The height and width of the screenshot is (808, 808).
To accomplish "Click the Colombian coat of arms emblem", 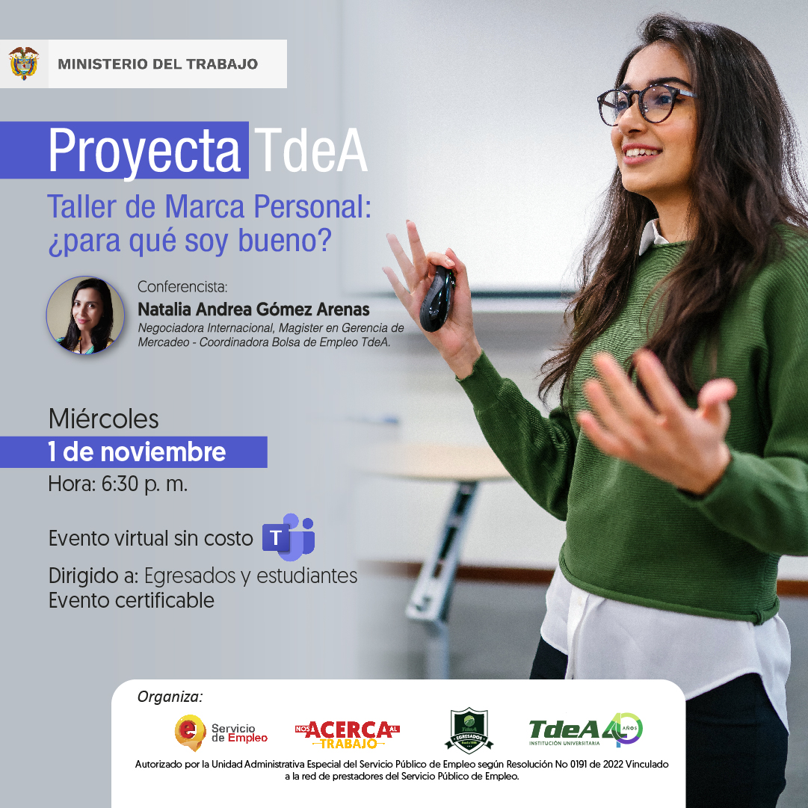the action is pos(24,64).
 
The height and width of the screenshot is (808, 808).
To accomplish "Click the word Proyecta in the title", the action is pos(144,151).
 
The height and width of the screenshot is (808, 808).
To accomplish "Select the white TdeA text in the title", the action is pos(311,150).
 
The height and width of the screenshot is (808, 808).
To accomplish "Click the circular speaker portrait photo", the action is pos(85,315).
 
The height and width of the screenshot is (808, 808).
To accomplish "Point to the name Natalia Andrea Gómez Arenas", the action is pos(253,309).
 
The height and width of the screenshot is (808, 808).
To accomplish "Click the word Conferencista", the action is pos(182,286).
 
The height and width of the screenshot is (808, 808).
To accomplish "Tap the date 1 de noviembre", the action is pos(137,452).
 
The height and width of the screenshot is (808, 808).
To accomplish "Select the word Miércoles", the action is pos(104,419).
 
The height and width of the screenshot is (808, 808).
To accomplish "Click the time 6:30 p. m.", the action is pos(144,484).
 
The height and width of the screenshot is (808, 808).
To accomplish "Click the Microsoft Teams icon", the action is pos(289,537).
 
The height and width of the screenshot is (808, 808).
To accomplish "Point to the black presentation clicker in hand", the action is pos(437,298).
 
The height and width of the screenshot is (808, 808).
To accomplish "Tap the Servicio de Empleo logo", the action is pos(221,733).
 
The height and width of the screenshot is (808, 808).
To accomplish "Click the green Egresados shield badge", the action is pos(469,731).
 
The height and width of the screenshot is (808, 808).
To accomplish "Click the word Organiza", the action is pos(170,697).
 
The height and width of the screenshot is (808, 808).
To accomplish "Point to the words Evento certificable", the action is pos(132,601).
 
